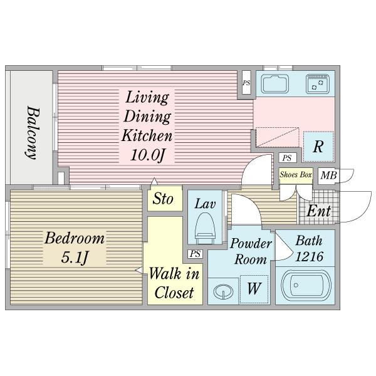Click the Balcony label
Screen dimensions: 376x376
pos(33,133)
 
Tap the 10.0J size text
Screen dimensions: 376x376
pos(147,155)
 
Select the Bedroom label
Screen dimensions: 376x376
pos(75,238)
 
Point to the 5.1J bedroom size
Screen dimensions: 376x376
pos(75,258)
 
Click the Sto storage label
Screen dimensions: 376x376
pos(163,199)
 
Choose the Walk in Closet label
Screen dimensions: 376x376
pos(174,283)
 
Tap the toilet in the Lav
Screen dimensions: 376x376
pos(206,226)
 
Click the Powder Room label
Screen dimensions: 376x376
pos(251,251)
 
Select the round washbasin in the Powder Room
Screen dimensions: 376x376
pos(223,291)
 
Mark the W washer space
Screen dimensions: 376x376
pos(254,289)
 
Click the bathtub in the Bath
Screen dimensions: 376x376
pos(306,286)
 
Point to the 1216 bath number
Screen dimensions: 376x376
pos(309,256)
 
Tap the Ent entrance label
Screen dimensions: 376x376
pos(319,211)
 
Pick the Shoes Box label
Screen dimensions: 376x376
pos(296,175)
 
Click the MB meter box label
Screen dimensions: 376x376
pos(329,175)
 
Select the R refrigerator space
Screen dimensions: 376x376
pos(318,147)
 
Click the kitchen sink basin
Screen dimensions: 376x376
pos(275,84)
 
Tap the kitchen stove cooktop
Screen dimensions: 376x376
pos(318,84)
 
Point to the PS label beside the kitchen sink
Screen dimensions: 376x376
pos(246,83)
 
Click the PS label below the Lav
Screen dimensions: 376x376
pos(195,254)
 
